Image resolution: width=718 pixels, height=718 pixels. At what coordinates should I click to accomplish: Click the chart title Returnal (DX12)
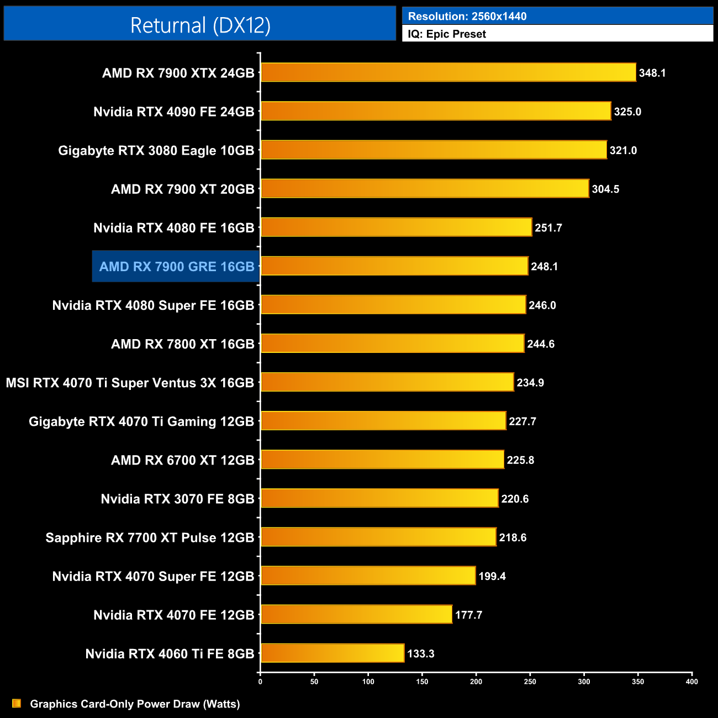[x=200, y=25]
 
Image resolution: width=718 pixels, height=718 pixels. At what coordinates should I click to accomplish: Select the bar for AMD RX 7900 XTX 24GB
[x=448, y=72]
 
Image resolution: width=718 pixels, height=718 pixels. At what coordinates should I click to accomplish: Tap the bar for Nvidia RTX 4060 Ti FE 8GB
[x=332, y=653]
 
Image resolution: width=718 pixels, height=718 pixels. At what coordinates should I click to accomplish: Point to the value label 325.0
[x=627, y=112]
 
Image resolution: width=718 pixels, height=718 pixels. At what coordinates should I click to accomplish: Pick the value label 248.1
[x=544, y=267]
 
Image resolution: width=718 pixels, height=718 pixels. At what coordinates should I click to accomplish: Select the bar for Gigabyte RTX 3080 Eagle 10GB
[x=434, y=150]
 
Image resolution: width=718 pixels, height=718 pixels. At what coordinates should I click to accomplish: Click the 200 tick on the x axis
[x=476, y=682]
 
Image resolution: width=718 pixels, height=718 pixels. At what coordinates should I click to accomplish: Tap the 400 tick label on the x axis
[x=691, y=682]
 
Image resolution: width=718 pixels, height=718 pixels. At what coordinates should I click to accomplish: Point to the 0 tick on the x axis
[x=260, y=682]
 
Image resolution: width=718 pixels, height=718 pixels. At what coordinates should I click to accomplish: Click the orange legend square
[x=17, y=703]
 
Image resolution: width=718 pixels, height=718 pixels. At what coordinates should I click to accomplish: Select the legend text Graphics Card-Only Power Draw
[x=135, y=704]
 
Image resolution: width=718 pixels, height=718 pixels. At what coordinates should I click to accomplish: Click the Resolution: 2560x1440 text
[x=467, y=17]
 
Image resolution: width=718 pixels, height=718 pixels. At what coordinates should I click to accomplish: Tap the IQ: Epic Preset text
[x=447, y=34]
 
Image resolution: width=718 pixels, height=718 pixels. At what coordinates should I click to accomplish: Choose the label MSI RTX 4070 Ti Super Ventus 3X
[x=130, y=383]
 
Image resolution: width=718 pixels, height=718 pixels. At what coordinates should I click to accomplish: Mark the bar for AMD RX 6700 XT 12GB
[x=382, y=460]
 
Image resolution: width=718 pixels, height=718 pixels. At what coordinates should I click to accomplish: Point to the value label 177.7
[x=468, y=615]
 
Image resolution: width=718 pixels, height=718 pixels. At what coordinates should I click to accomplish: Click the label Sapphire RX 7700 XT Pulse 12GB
[x=150, y=537]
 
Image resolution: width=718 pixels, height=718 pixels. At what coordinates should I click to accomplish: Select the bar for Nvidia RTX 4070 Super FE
[x=368, y=576]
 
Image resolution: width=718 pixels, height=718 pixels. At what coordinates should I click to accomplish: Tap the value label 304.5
[x=605, y=189]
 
